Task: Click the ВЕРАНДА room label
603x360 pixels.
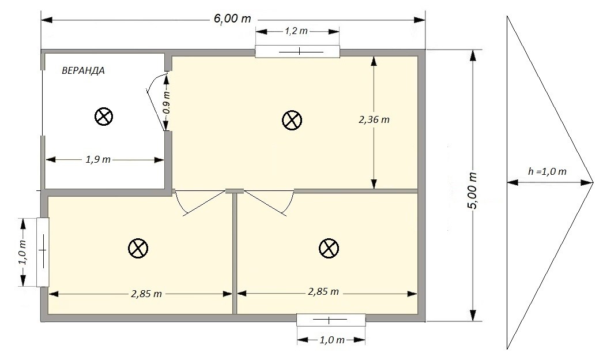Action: click(83, 70)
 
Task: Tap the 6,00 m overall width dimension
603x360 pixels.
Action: click(232, 18)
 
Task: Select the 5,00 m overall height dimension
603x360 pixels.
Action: click(473, 190)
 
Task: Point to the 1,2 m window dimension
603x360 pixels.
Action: click(296, 31)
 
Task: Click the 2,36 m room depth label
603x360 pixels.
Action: click(374, 120)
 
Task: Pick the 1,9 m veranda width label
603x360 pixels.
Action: click(98, 159)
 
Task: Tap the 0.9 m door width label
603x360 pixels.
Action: click(167, 102)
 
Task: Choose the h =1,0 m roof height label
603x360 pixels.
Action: click(547, 172)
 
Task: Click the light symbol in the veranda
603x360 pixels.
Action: click(104, 117)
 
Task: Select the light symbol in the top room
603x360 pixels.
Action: click(292, 120)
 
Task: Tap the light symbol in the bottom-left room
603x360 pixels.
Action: click(138, 248)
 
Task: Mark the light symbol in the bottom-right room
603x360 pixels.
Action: click(329, 248)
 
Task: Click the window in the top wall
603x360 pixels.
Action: click(297, 51)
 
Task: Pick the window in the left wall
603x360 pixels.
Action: click(43, 252)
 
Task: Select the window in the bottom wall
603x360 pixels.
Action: click(331, 320)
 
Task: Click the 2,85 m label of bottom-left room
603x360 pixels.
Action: click(146, 294)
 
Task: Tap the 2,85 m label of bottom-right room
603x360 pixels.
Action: click(323, 291)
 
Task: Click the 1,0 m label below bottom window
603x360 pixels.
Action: click(332, 340)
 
